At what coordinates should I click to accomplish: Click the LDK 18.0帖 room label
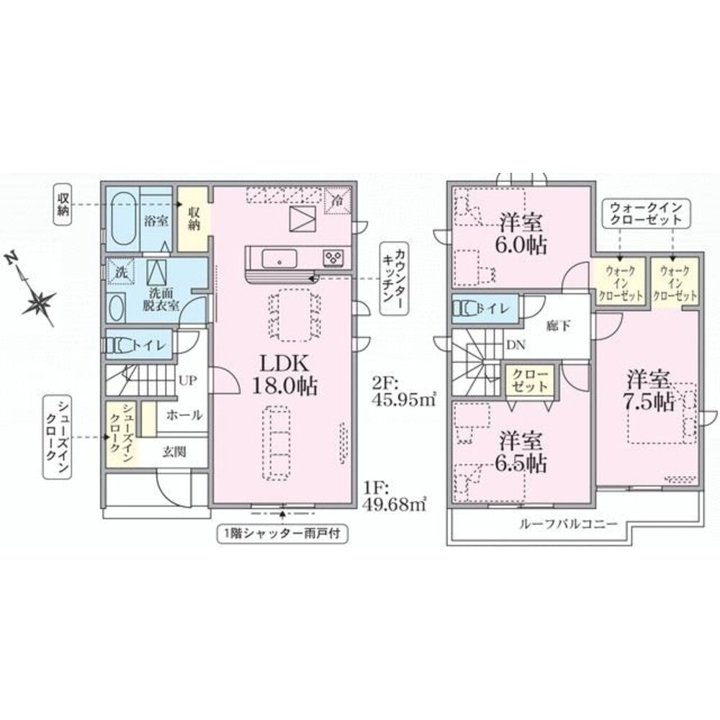tap(284, 375)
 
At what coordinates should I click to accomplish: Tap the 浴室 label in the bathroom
tap(156, 221)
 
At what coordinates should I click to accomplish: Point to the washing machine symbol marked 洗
tap(121, 271)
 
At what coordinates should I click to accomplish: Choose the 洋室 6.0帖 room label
tap(521, 234)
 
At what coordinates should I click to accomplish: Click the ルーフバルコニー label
tap(568, 524)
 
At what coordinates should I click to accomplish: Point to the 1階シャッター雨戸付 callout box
tap(282, 534)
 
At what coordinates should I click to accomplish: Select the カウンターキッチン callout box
tap(394, 278)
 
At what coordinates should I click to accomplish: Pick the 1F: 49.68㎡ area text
tap(395, 495)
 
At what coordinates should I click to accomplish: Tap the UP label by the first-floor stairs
tap(188, 381)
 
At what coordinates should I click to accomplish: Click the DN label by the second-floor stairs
tap(516, 346)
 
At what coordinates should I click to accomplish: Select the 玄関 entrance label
tap(174, 452)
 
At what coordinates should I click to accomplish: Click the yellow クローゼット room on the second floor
tap(530, 379)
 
